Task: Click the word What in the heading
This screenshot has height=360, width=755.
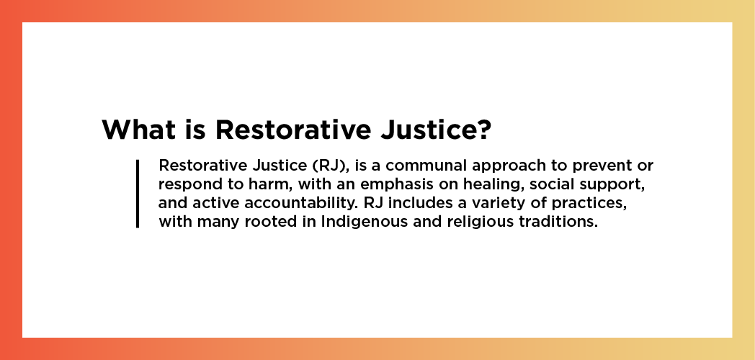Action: click(x=138, y=130)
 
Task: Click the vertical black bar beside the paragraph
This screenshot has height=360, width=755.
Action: click(x=138, y=194)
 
